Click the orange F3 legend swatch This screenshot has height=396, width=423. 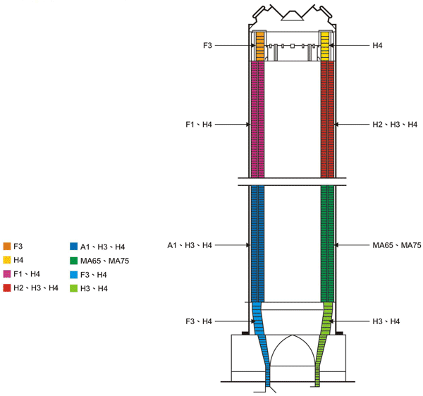7,246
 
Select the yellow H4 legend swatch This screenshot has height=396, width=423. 7,260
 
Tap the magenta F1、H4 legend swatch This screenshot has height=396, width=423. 7,274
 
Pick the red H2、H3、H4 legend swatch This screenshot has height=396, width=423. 7,288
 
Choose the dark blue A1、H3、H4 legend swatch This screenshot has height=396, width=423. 73,247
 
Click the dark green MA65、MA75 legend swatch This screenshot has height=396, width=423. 73,261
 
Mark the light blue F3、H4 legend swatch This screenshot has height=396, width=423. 73,275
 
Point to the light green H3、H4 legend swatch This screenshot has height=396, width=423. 73,288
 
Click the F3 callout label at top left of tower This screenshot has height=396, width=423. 207,45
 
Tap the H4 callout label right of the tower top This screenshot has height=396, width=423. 377,45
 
